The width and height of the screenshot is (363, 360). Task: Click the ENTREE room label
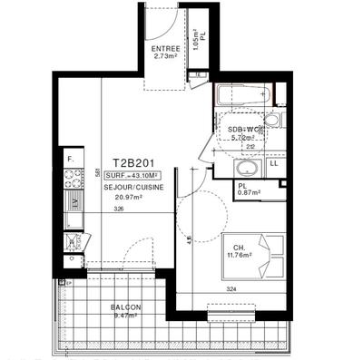165,48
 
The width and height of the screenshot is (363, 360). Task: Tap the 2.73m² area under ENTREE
165,56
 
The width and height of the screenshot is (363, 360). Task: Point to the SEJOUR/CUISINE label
132,186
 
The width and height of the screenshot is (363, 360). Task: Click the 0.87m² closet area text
249,192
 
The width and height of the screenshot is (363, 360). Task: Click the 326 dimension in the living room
119,209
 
